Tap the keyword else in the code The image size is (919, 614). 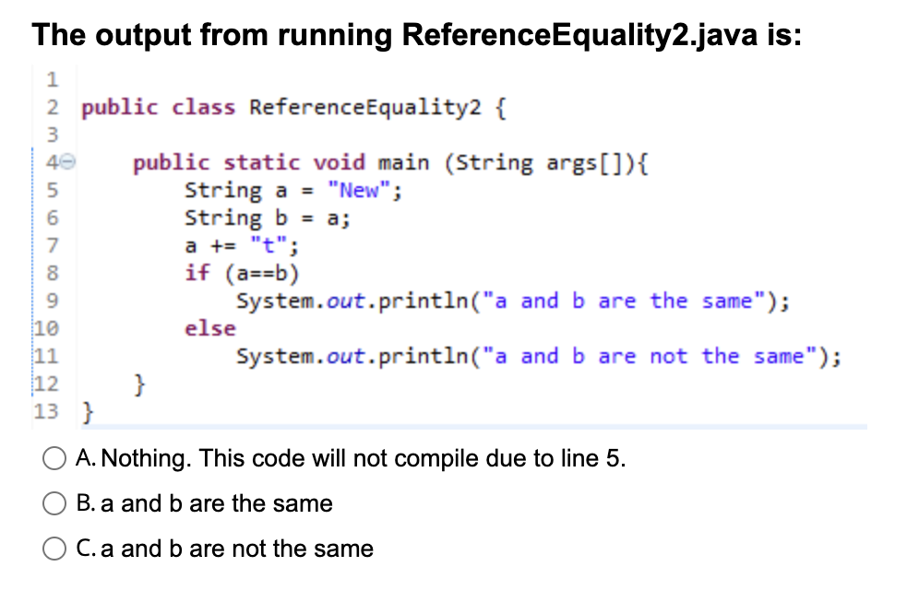pos(210,328)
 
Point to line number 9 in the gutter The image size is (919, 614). pos(54,301)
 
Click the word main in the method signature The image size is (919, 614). pos(404,163)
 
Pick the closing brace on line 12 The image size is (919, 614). pos(140,384)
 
